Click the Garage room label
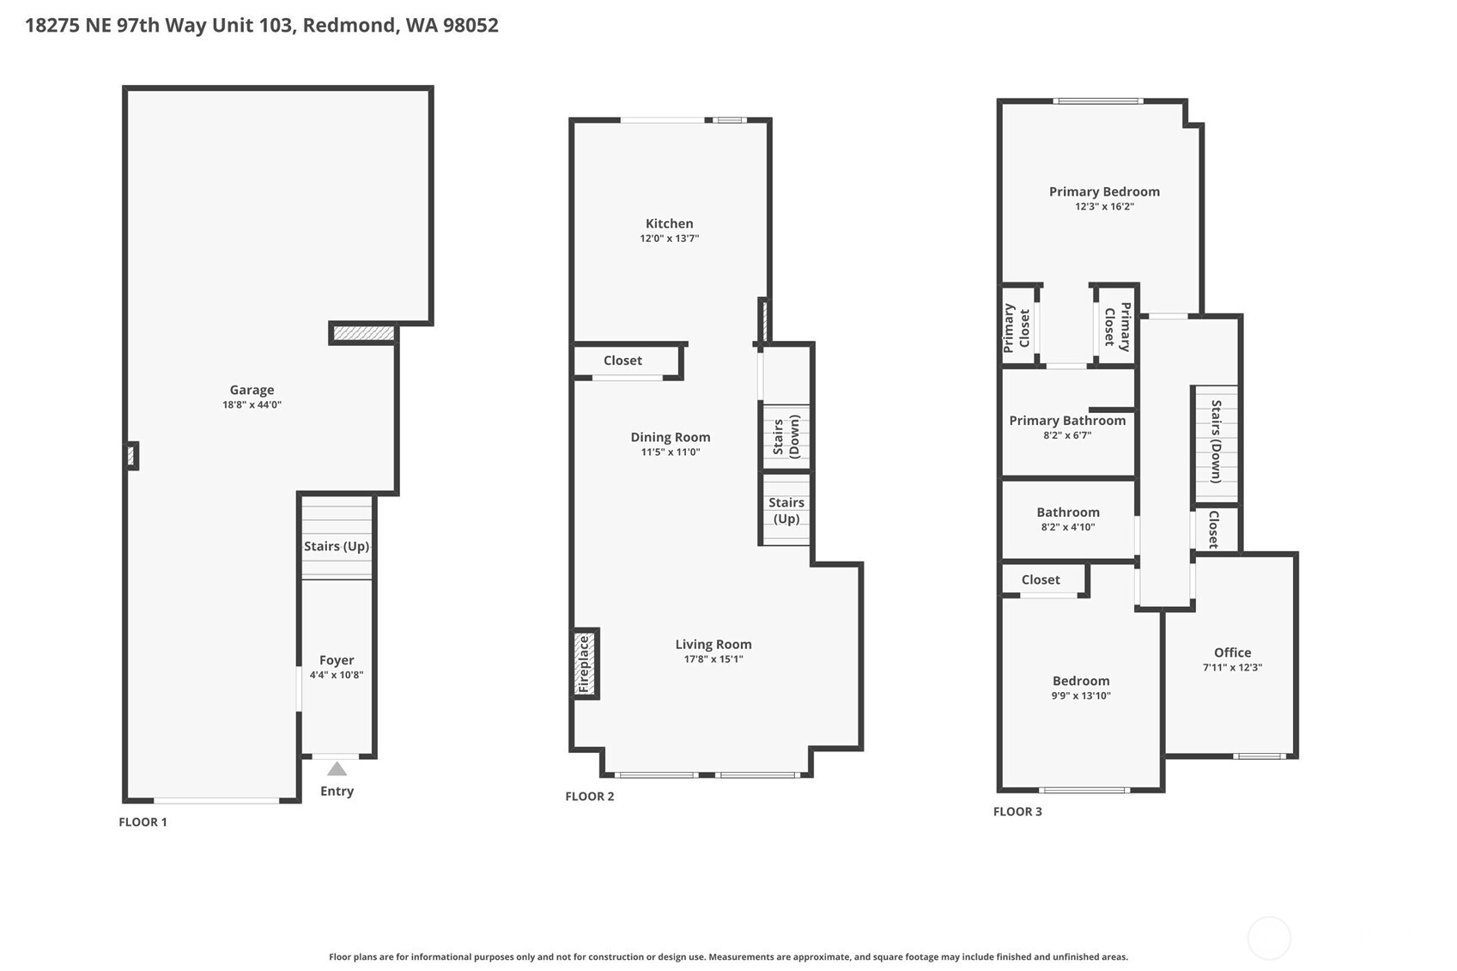click(252, 390)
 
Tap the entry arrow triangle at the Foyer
click(337, 769)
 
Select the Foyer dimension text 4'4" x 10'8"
click(337, 675)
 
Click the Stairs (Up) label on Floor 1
click(337, 546)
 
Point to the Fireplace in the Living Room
click(585, 664)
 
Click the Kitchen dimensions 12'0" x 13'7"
click(669, 239)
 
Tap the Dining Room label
click(670, 437)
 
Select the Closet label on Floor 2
click(622, 361)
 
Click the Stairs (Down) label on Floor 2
click(786, 436)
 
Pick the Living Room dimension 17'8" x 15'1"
click(713, 659)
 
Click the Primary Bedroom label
click(1104, 191)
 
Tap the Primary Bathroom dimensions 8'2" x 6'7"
click(1067, 435)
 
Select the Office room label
click(1232, 652)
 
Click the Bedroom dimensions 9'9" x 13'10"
click(1081, 696)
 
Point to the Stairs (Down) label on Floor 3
click(1216, 441)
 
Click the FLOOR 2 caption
click(590, 797)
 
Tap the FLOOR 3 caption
click(1017, 811)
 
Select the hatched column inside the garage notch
click(364, 333)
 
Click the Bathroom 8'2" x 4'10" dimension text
click(1067, 527)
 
